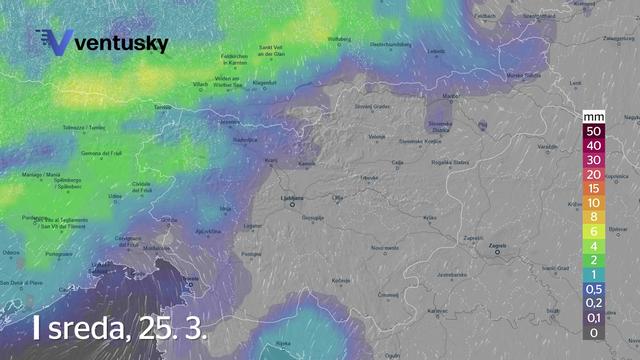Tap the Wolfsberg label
(341, 39)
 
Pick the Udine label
(116, 196)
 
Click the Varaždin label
(546, 148)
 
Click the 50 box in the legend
(594, 131)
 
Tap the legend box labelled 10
(594, 201)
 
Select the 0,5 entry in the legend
(594, 289)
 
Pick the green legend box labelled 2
(594, 260)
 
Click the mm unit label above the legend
(594, 117)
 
